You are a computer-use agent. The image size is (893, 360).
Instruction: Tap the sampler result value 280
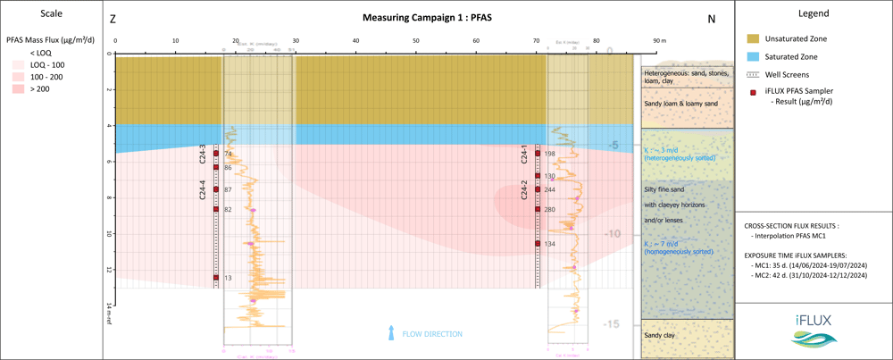[x=549, y=210]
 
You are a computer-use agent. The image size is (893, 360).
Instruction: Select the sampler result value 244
[x=549, y=190]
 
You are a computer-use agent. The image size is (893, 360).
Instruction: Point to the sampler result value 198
[x=549, y=154]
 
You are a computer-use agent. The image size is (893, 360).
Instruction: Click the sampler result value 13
[x=228, y=278]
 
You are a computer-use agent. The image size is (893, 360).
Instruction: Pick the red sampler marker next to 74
[x=216, y=154]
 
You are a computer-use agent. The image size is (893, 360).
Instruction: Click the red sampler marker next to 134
[x=538, y=243]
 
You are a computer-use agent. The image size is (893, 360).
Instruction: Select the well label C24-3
[x=203, y=154]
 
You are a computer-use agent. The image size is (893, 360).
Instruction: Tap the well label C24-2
[x=524, y=189]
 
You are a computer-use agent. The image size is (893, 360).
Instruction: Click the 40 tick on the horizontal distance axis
[x=355, y=41]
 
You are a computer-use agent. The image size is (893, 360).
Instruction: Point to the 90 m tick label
[x=659, y=41]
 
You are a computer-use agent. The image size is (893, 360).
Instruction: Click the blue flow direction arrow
[x=390, y=334]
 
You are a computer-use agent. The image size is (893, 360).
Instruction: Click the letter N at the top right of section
[x=711, y=19]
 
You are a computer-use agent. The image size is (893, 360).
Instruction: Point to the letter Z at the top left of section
[x=113, y=19]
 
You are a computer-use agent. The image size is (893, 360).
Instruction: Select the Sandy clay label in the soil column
[x=660, y=336]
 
